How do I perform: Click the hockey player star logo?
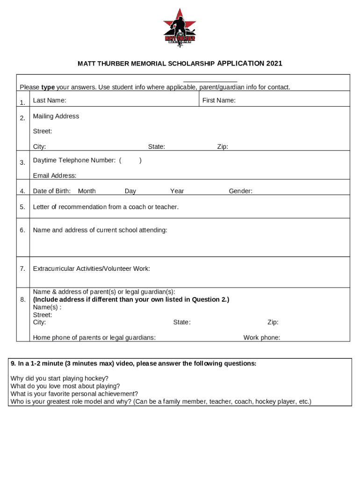tap(180, 28)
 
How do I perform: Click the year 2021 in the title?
tap(274, 63)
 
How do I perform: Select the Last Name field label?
tap(50, 101)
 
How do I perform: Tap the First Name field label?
tap(219, 101)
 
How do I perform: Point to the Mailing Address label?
tap(56, 116)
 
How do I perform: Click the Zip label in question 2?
tap(223, 147)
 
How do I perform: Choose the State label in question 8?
tap(182, 322)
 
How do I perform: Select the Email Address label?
tap(55, 176)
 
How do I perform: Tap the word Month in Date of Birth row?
tap(87, 191)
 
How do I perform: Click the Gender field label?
tap(240, 191)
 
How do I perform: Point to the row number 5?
tap(22, 207)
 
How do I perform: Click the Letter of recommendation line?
tap(106, 207)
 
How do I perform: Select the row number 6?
tap(22, 230)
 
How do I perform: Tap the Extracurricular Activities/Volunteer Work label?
tap(92, 269)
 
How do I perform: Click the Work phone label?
tap(262, 338)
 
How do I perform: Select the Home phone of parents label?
tap(94, 338)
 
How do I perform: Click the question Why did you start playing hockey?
tap(59, 378)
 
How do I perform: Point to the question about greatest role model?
tap(161, 401)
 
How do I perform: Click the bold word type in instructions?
tap(48, 87)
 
